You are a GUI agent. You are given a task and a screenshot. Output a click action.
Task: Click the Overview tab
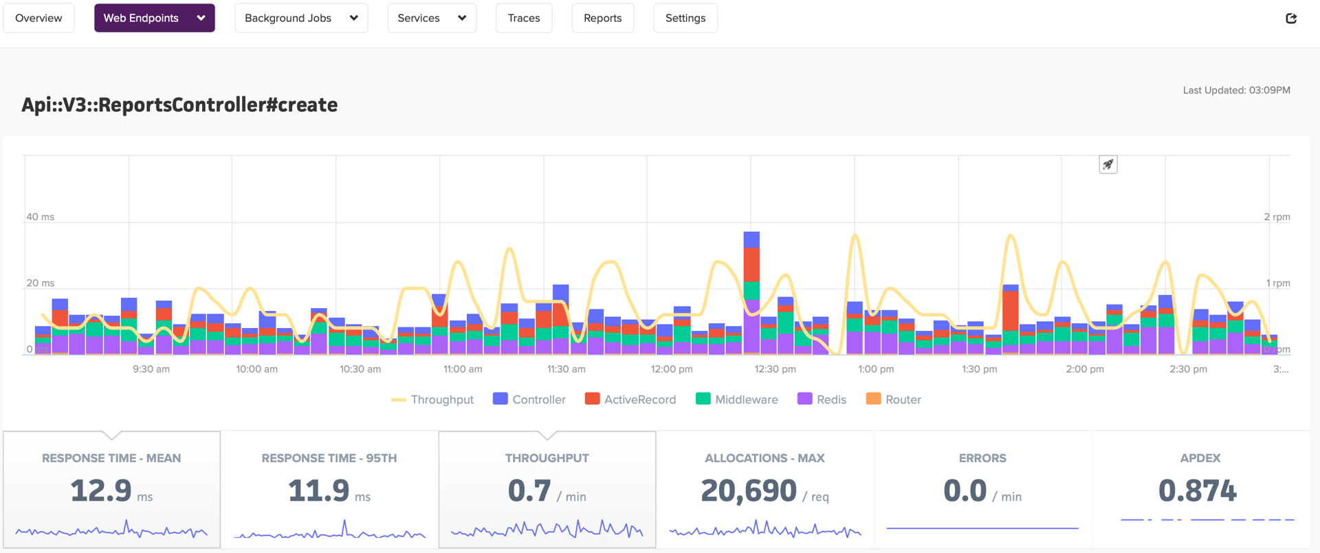[x=38, y=18]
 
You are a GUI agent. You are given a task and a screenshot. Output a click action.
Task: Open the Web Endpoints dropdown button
[x=154, y=18]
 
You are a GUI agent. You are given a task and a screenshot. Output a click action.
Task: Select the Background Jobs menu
[x=301, y=18]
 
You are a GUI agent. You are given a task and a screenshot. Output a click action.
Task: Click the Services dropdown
[x=431, y=18]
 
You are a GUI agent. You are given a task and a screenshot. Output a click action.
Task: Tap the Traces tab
[x=523, y=18]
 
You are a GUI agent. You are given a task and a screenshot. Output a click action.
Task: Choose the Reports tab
[x=602, y=18]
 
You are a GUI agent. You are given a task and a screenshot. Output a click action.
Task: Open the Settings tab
[x=685, y=18]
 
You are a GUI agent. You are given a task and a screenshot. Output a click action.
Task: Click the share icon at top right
[x=1290, y=18]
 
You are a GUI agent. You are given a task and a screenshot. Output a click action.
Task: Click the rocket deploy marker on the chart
[x=1108, y=164]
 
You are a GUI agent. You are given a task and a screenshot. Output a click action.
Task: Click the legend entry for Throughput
[x=432, y=400]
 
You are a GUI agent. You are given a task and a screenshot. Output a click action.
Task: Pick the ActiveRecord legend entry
[x=630, y=400]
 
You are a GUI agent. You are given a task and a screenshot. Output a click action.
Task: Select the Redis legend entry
[x=822, y=400]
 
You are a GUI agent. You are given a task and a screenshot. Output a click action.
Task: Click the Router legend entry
[x=893, y=400]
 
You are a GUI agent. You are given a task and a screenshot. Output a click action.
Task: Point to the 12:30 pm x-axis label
[x=775, y=369]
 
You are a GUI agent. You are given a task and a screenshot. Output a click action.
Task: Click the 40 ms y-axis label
[x=40, y=217]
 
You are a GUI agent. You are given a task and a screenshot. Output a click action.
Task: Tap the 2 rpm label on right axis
[x=1277, y=217]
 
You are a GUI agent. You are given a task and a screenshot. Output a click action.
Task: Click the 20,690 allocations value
[x=748, y=491]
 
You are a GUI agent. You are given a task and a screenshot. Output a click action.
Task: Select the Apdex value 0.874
[x=1197, y=491]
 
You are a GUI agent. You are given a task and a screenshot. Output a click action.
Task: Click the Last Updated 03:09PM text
[x=1236, y=90]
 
